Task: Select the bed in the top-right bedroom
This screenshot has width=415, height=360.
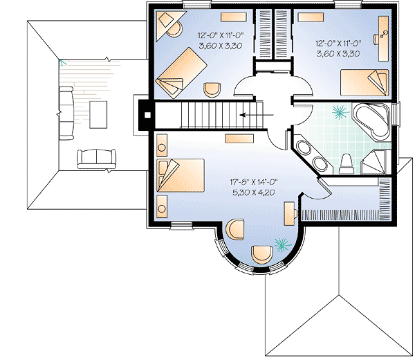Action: coord(365,83)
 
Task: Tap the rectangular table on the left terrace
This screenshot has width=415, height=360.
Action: coord(97,115)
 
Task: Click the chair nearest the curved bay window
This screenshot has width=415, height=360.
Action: coord(262,255)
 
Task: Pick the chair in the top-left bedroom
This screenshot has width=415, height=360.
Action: coord(212,89)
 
